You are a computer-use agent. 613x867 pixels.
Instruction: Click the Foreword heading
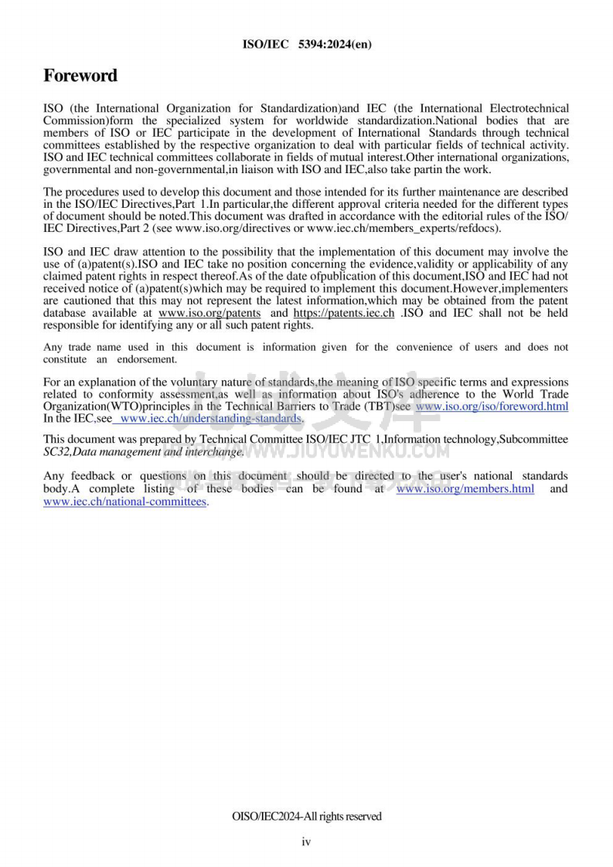point(80,76)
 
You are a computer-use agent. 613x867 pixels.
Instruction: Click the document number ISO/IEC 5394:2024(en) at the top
point(307,44)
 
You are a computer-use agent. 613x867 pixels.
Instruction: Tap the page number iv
point(306,841)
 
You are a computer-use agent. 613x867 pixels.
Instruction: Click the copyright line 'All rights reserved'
point(306,816)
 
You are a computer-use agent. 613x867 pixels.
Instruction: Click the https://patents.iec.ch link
point(344,313)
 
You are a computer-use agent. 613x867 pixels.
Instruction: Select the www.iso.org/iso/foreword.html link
point(492,406)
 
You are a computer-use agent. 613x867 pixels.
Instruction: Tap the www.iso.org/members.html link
point(465,489)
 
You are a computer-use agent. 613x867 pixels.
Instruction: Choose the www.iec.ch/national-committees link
point(124,501)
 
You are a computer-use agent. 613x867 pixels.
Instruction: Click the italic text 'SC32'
point(56,451)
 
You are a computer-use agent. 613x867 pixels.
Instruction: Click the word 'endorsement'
point(147,359)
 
